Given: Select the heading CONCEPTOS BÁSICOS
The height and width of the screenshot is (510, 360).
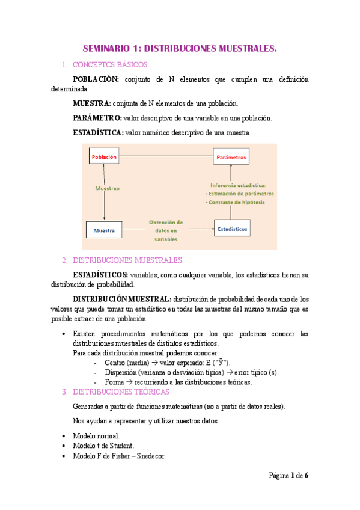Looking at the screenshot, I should point(110,64).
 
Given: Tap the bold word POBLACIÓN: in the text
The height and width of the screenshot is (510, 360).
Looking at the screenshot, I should point(96,79).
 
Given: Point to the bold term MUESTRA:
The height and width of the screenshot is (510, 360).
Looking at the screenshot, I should point(91,103).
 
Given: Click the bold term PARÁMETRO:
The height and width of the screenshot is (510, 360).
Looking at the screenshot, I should point(97,118).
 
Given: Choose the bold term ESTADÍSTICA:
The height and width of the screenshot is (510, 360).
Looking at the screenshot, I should point(98,132).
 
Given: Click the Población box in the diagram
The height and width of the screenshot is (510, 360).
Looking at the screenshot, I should point(104,157).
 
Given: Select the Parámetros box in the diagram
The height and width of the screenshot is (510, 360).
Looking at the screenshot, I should point(230,158).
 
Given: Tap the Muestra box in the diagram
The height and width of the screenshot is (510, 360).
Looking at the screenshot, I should point(104,230).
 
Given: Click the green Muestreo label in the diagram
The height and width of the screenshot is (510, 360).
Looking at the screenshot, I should point(108,188).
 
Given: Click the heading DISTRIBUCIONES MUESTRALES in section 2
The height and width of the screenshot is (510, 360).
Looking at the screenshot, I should point(127,260).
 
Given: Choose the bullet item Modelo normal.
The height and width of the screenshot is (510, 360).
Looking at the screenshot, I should point(96,435).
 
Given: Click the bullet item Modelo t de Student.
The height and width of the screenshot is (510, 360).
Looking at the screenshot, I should point(103,446).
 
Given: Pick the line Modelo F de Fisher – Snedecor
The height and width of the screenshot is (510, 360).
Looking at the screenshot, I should point(119,456).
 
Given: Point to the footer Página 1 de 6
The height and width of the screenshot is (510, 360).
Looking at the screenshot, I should point(288,475).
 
